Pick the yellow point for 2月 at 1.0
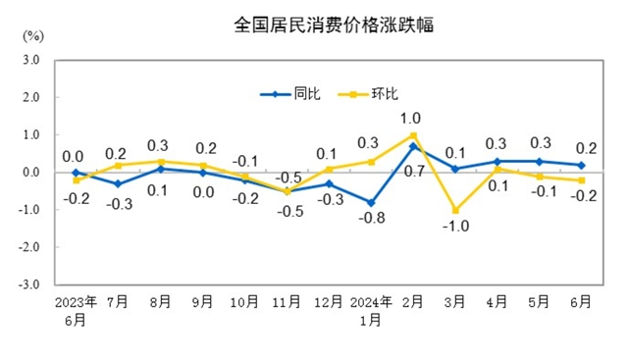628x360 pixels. (x=413, y=135)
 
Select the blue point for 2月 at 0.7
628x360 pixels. (x=413, y=146)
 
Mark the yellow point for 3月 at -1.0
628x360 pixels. (x=455, y=210)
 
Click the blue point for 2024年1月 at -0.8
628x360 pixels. (x=371, y=203)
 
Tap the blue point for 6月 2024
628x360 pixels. (x=582, y=165)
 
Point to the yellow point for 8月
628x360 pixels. (x=160, y=161)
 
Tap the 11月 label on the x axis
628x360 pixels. (x=287, y=301)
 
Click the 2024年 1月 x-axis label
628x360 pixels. (x=372, y=308)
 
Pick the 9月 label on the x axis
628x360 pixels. (x=202, y=301)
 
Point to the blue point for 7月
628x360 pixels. (x=118, y=183)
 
